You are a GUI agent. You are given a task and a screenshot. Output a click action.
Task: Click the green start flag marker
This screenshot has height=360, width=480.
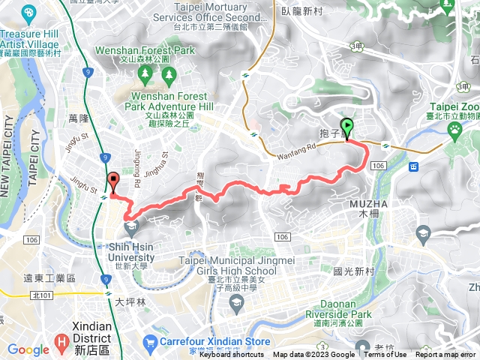(x=347, y=127)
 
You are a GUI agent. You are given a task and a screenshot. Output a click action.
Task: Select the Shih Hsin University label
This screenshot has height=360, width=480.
(x=131, y=252)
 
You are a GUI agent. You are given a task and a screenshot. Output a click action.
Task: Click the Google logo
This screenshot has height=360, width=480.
(x=28, y=349)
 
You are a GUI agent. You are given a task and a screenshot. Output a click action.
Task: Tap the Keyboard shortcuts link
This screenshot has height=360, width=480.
(x=231, y=355)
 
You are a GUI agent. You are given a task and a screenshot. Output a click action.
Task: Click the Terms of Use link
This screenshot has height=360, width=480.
(x=385, y=355)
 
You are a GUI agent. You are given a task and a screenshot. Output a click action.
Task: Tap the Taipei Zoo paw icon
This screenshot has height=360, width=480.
(x=455, y=129)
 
